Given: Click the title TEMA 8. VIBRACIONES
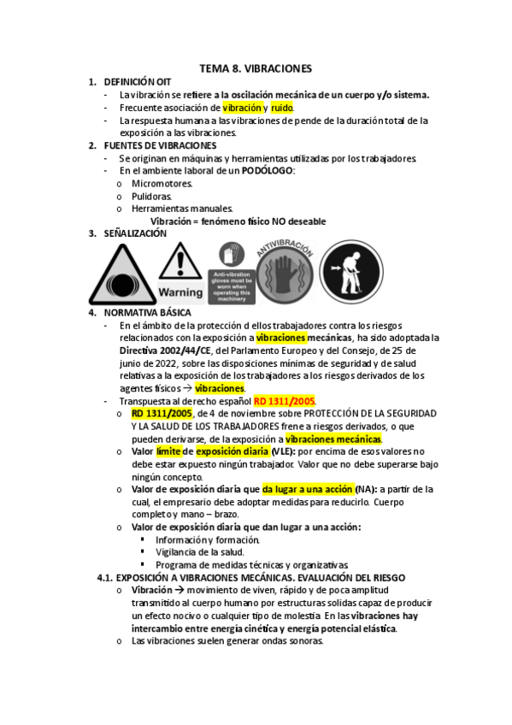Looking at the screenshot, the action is pos(256,68).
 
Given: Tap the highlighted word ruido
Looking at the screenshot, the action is pos(282,108).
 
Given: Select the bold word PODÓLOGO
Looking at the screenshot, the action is pos(268,171).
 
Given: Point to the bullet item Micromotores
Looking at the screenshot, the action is pos(162,183).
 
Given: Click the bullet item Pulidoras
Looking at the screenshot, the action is pos(151,196).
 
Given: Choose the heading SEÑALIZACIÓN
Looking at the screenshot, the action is pos(134,233).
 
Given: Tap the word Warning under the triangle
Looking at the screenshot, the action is pos(179,292).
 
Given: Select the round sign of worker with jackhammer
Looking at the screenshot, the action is pos(350,272).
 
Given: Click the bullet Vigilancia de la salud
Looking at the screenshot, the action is pos(200,552).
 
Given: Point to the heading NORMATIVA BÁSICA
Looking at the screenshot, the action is pos(142,313).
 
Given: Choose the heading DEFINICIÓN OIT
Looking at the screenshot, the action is pos(137,82).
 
